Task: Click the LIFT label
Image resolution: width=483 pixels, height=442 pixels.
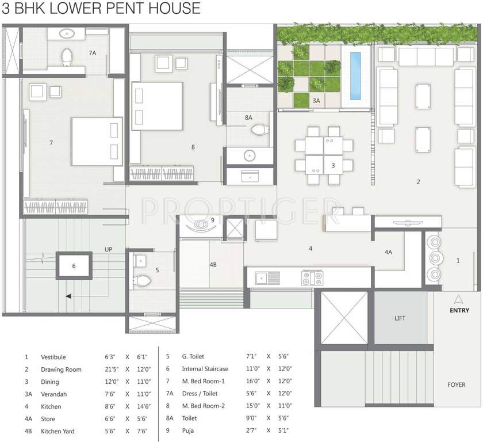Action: coord(400,318)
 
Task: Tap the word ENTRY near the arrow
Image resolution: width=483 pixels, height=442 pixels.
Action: coord(459,311)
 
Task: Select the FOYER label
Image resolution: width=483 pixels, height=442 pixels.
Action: coord(457,384)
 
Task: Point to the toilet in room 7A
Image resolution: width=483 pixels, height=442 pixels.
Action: coord(66,56)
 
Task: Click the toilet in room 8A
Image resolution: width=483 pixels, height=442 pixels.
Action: coord(259,130)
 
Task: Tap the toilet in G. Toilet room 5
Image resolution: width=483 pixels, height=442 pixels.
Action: coord(141,281)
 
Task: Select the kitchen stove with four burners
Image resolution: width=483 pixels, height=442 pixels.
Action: coord(312,278)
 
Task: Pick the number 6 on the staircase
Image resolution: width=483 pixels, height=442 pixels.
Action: coord(74,265)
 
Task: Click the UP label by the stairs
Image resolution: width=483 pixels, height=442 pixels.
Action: coord(108,249)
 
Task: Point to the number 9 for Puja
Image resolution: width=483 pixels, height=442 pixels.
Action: coord(212,220)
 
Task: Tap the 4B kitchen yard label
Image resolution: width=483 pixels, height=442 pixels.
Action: coord(212,264)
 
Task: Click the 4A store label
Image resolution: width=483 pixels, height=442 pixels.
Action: coord(389,252)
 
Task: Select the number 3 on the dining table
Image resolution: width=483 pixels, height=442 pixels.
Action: coord(333,165)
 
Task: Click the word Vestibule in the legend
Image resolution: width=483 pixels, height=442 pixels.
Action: coord(53,357)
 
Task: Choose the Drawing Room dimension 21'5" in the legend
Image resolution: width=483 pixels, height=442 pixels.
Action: coord(112,369)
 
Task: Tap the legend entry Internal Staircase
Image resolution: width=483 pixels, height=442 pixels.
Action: coord(205,369)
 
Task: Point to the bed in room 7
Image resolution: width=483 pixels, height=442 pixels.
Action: coord(97,142)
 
